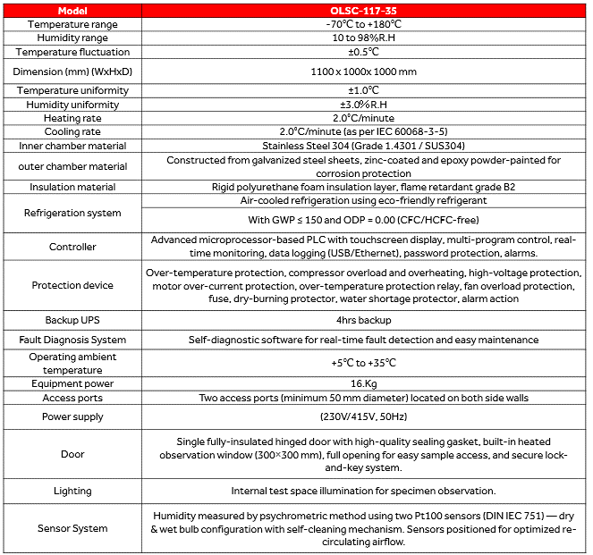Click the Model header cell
click(72, 10)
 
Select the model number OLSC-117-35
click(363, 10)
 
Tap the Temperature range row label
click(72, 24)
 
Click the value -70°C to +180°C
click(363, 24)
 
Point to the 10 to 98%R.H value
click(363, 38)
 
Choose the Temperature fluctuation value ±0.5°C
click(363, 53)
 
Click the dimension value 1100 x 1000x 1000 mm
click(363, 71)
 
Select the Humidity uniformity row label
click(72, 105)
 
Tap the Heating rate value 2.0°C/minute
click(363, 118)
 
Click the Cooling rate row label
click(72, 131)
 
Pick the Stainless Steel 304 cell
click(363, 146)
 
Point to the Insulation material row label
click(72, 187)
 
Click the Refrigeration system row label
click(72, 213)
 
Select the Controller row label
click(72, 247)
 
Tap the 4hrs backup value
click(363, 320)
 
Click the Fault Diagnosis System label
click(72, 340)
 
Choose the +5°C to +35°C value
click(363, 363)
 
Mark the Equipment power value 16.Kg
click(363, 384)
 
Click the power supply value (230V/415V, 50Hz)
click(363, 416)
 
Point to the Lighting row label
click(72, 491)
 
